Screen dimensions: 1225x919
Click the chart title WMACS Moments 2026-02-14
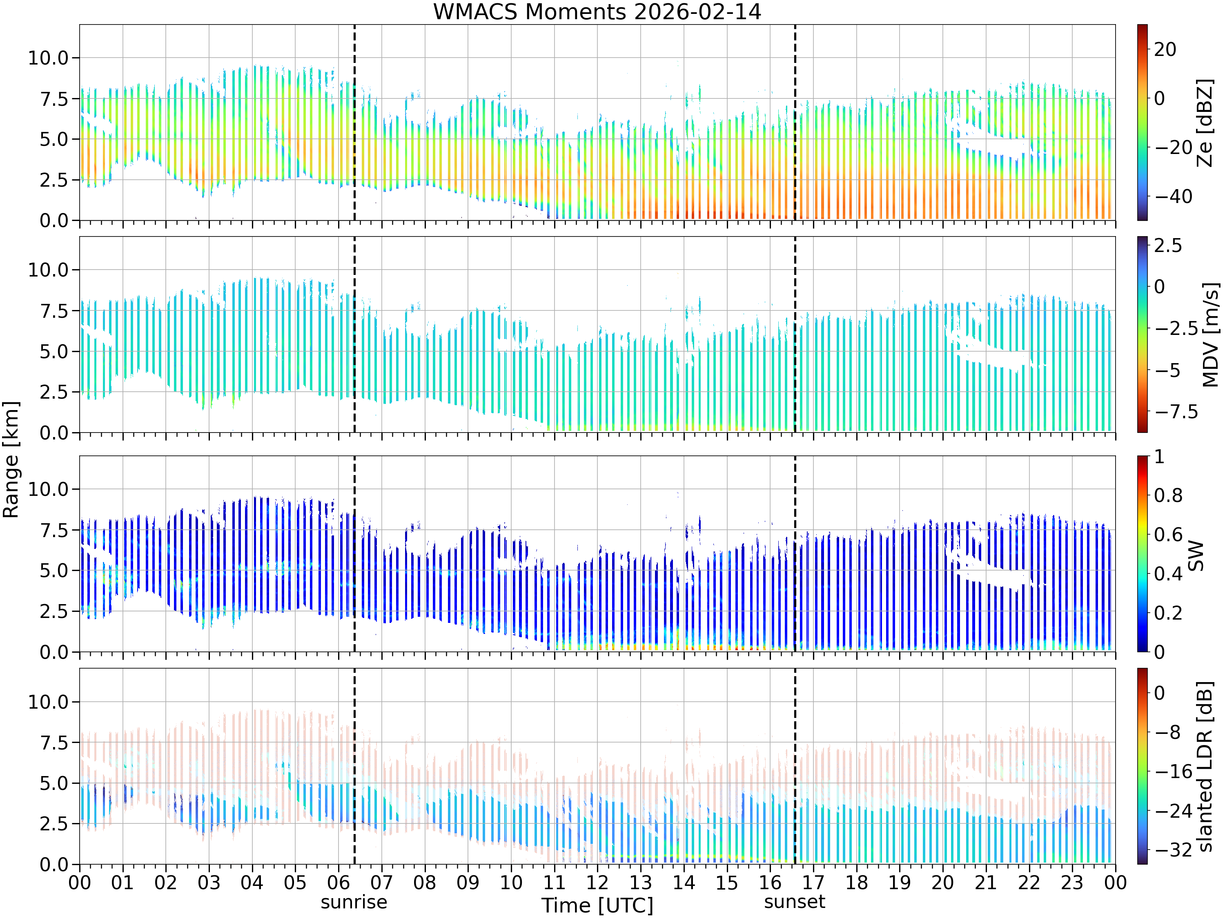click(x=597, y=11)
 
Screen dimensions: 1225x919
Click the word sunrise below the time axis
click(x=354, y=902)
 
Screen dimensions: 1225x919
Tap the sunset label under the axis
click(x=795, y=902)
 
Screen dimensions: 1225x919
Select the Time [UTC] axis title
click(x=597, y=906)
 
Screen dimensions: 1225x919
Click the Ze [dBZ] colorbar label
click(x=1205, y=123)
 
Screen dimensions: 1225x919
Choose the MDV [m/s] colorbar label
click(x=1210, y=335)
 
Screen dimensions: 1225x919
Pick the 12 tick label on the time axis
click(x=597, y=882)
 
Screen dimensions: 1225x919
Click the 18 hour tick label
click(x=856, y=882)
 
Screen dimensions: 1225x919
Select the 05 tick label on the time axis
click(x=295, y=882)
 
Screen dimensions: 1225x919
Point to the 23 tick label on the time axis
click(x=1072, y=882)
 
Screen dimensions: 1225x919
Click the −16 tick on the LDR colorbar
click(x=1174, y=771)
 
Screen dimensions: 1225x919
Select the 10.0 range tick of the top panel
click(x=48, y=58)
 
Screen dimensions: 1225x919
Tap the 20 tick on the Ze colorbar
click(x=1165, y=49)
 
